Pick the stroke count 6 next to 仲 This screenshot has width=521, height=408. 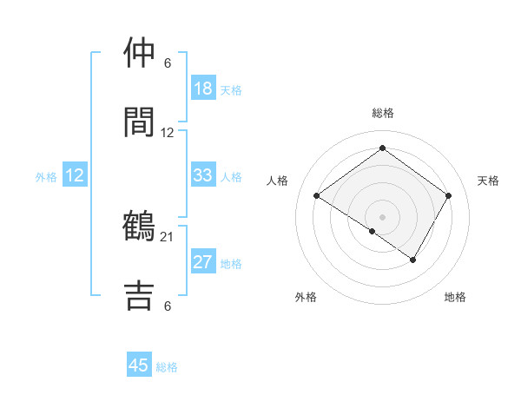click(x=168, y=63)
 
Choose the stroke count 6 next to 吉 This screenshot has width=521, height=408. click(x=168, y=305)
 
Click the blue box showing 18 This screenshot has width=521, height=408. click(x=202, y=88)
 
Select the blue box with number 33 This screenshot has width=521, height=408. click(x=202, y=175)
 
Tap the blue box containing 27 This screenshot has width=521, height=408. click(x=202, y=262)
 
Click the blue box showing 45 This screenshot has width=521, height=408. click(x=139, y=365)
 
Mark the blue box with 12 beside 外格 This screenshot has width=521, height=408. click(x=75, y=175)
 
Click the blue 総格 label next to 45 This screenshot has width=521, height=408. click(x=167, y=367)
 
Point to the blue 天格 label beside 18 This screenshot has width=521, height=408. click(x=230, y=89)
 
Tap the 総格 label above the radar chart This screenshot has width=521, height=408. click(x=382, y=113)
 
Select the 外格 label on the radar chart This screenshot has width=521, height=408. click(x=306, y=297)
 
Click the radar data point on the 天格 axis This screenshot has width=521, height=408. click(x=449, y=196)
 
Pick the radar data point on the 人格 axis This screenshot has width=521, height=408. click(x=317, y=196)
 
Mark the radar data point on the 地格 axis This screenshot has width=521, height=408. click(x=413, y=260)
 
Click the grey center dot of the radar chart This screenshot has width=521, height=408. click(x=382, y=216)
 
